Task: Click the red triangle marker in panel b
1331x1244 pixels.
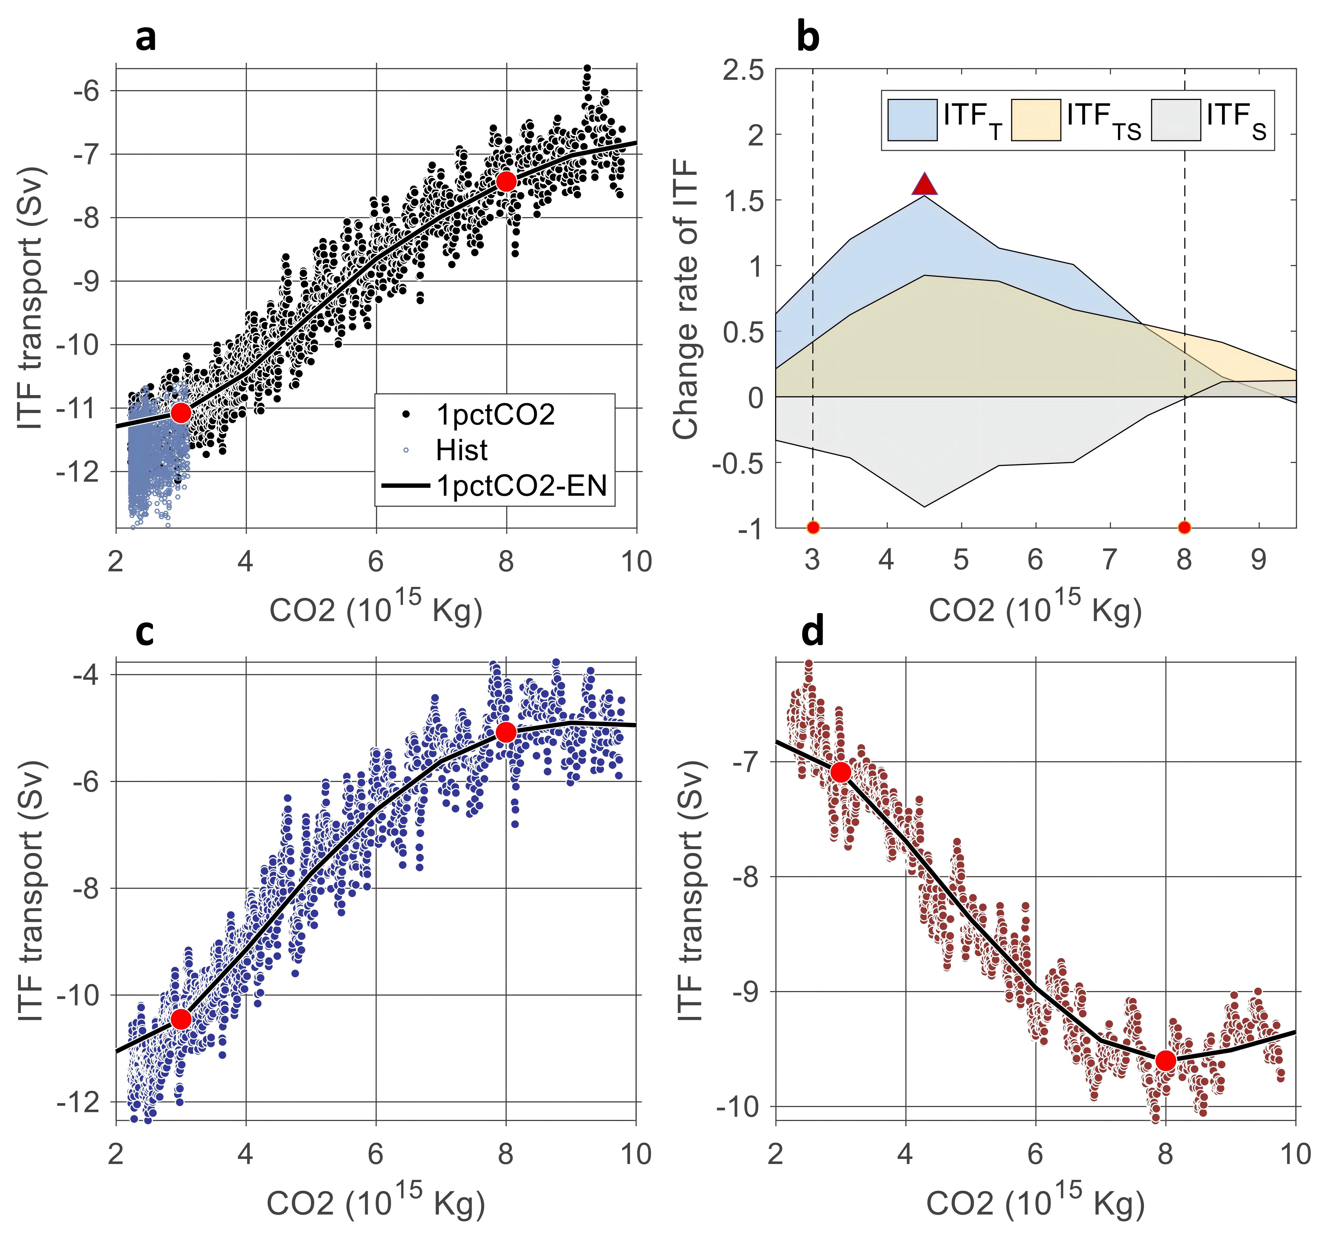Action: (x=925, y=184)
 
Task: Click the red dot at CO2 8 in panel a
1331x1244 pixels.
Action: (x=506, y=181)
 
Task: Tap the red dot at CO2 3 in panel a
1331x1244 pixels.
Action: (x=181, y=413)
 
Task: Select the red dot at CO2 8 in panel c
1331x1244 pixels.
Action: (x=506, y=732)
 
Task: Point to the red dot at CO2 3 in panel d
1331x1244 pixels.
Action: (x=841, y=772)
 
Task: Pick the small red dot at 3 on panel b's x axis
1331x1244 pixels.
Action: (x=813, y=527)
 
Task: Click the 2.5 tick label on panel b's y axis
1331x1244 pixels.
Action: (x=743, y=70)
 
